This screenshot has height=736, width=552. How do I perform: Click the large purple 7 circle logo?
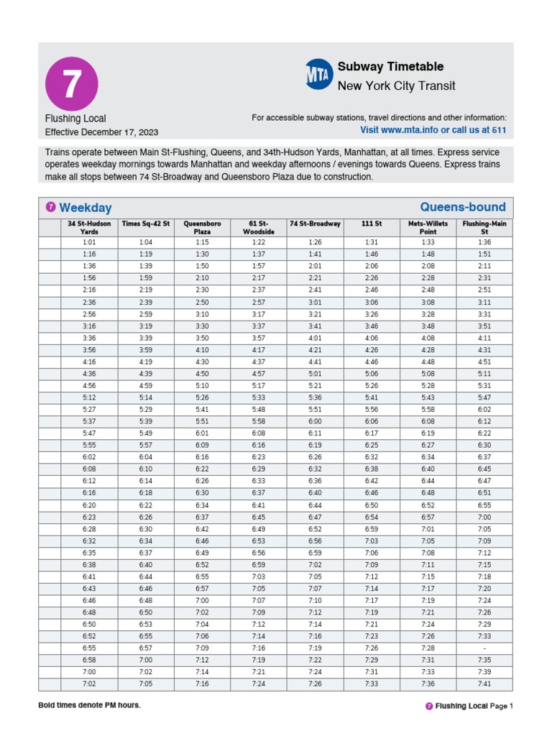coord(70,83)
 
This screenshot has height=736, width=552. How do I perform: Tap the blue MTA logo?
coord(318,75)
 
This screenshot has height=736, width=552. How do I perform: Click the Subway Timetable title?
coord(390,67)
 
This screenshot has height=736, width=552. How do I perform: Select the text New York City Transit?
coord(396,86)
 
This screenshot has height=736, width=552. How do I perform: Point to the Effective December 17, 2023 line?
coord(101,132)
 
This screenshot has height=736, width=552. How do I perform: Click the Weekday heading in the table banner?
coord(85,208)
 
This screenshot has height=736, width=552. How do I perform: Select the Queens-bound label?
coord(462,207)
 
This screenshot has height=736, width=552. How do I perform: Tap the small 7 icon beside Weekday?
coord(50,208)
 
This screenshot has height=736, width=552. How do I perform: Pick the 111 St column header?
coord(372,224)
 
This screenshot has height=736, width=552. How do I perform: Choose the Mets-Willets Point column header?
coord(428,228)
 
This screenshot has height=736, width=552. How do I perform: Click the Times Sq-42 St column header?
coord(146,224)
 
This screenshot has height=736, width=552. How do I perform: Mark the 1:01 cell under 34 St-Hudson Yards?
coord(89,242)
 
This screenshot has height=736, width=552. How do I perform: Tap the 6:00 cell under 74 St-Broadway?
coord(315,421)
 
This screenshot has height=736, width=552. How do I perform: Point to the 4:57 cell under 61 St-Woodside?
coord(259,374)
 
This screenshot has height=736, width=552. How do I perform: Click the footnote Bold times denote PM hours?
coord(89,705)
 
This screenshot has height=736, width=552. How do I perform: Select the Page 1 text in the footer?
coord(502,707)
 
